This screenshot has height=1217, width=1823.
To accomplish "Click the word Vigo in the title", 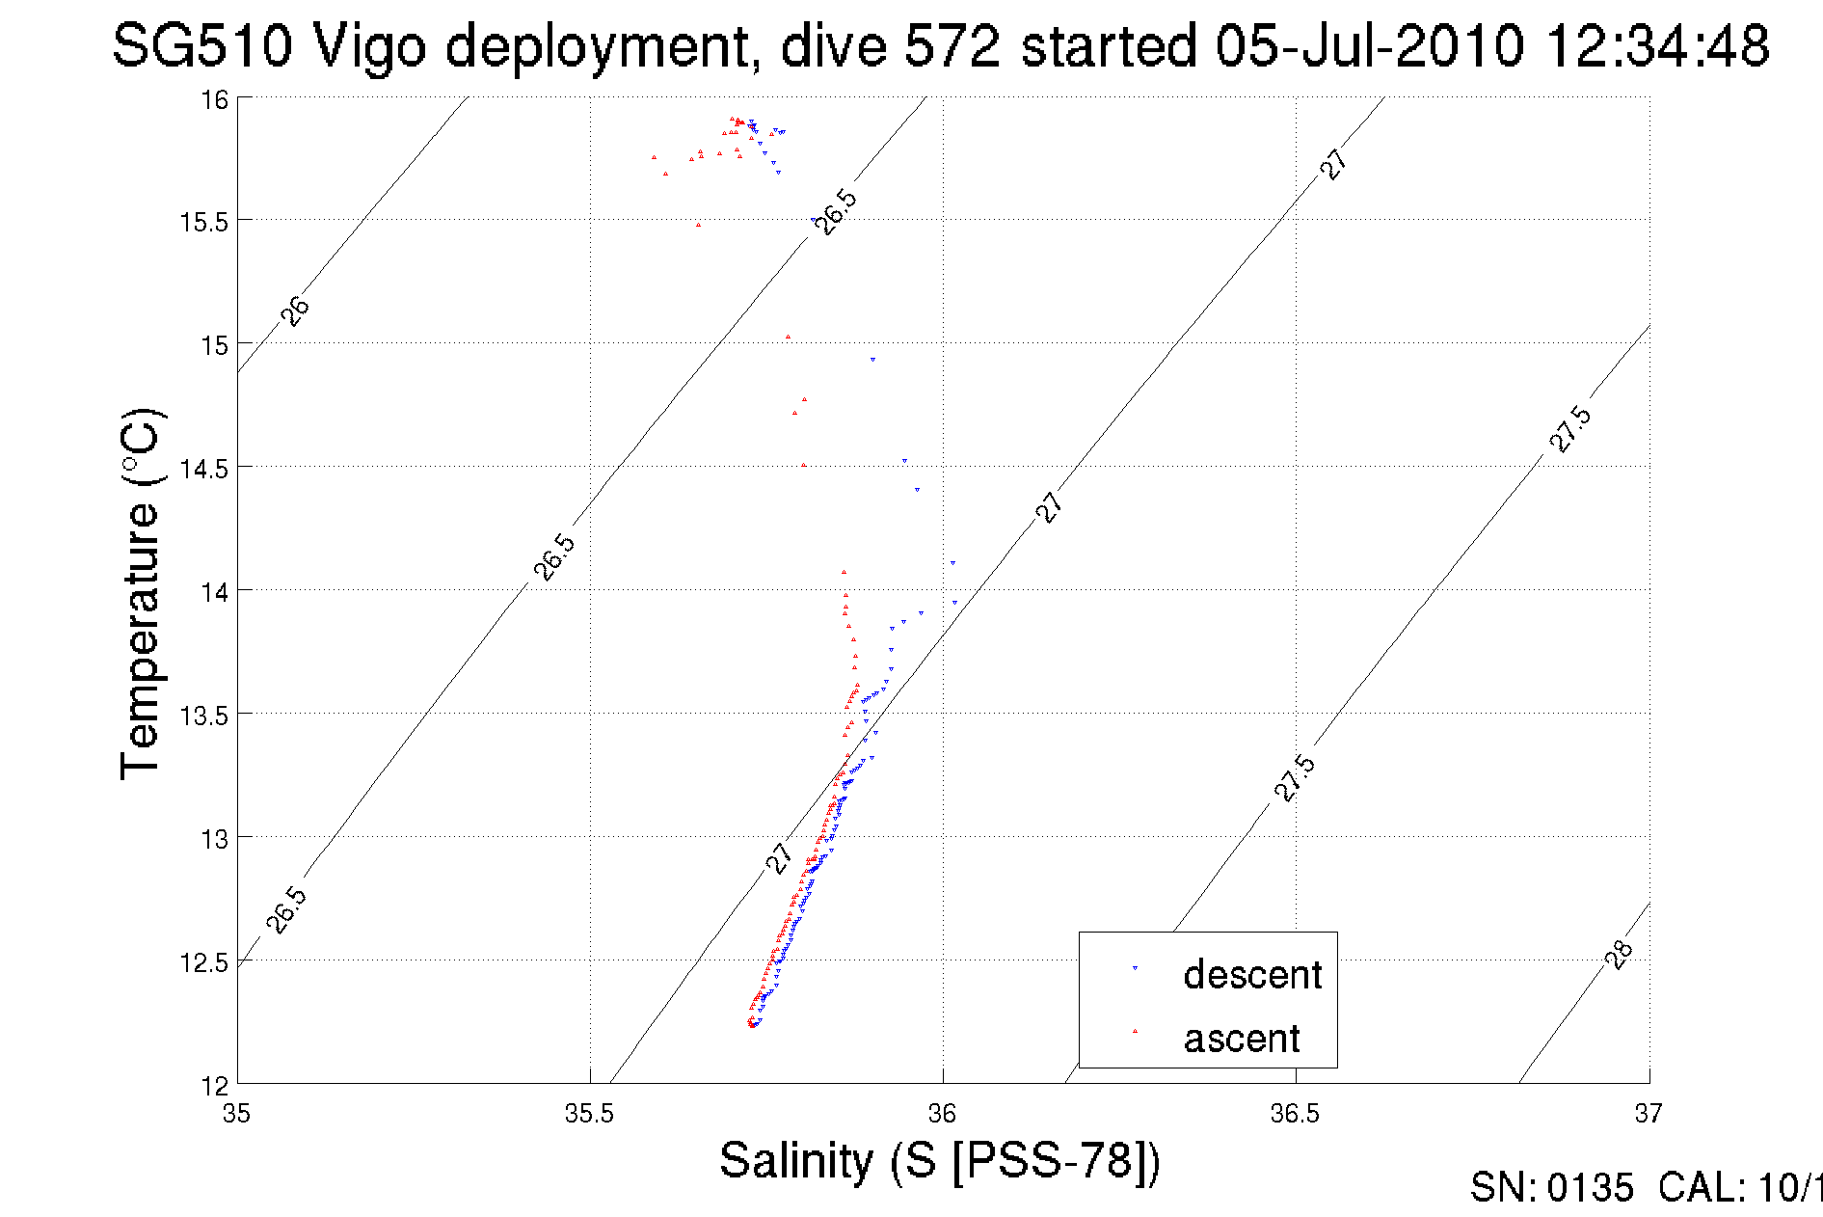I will pyautogui.click(x=368, y=45).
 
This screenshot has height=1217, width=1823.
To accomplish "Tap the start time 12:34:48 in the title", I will pyautogui.click(x=1657, y=45).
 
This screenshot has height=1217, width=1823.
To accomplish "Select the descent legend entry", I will pyautogui.click(x=1251, y=974).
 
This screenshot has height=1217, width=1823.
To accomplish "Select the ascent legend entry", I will pyautogui.click(x=1241, y=1039).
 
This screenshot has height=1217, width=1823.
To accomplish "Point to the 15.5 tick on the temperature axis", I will pyautogui.click(x=204, y=222).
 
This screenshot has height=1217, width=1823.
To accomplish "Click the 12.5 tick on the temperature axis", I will pyautogui.click(x=204, y=962).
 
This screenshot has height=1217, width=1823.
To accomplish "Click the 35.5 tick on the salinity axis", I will pyautogui.click(x=589, y=1114).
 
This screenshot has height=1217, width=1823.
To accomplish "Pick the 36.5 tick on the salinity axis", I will pyautogui.click(x=1295, y=1114).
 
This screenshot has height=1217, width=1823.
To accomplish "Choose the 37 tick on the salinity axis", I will pyautogui.click(x=1648, y=1114).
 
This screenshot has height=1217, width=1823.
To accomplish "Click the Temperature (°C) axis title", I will pyautogui.click(x=141, y=593).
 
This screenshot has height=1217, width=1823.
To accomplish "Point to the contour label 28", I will pyautogui.click(x=1619, y=954).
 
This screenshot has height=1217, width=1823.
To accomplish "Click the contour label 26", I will pyautogui.click(x=295, y=311).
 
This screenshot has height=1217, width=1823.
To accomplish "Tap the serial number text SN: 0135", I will pyautogui.click(x=1551, y=1188).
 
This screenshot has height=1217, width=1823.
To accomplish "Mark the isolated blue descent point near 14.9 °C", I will pyautogui.click(x=872, y=359).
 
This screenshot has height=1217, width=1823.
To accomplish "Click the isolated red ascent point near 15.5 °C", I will pyautogui.click(x=699, y=225).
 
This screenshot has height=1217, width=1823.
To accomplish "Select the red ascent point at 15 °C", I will pyautogui.click(x=788, y=337).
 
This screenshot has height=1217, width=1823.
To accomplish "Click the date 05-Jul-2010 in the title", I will pyautogui.click(x=1369, y=45).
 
